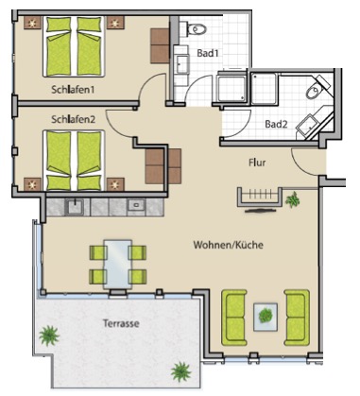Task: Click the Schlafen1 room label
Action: [73, 90]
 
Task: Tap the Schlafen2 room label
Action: [73, 119]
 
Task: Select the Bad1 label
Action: [208, 53]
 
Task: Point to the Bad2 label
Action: [276, 124]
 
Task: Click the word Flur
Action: [257, 163]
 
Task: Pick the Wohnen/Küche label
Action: [229, 245]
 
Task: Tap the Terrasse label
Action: [121, 323]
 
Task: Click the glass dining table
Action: [118, 264]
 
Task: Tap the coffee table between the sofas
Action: [266, 317]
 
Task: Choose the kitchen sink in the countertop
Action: [75, 207]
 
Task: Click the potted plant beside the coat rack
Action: [293, 199]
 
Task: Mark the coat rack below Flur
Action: [260, 198]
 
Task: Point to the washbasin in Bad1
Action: [182, 64]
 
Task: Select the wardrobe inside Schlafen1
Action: [160, 46]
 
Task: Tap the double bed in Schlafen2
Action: [74, 161]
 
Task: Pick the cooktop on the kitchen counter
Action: [136, 206]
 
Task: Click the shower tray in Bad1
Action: [231, 88]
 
